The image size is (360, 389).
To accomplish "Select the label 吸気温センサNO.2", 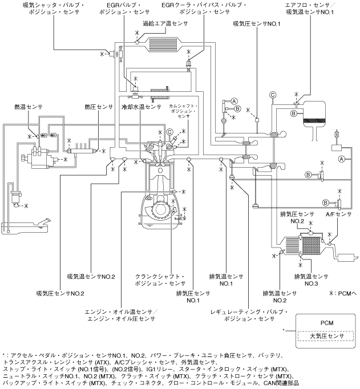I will (x=91, y=277).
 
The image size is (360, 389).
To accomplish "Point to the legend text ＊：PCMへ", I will (x=341, y=277).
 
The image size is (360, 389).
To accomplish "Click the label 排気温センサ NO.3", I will (x=310, y=279).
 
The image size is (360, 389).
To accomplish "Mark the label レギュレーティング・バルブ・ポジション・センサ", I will (x=251, y=315).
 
